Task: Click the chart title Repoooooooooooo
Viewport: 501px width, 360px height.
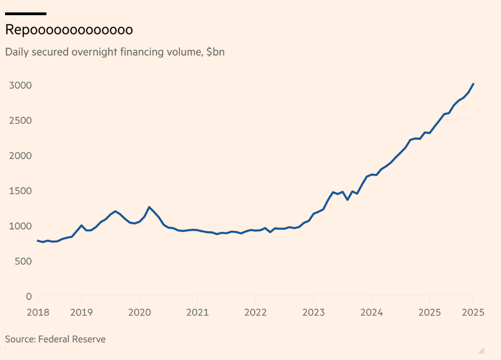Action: tap(69, 30)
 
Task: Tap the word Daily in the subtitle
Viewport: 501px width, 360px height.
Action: tap(16, 52)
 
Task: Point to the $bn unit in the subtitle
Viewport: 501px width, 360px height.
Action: tap(215, 52)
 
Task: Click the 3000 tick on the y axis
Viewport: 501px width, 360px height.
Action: tap(20, 85)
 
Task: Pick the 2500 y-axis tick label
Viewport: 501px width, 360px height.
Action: tap(20, 120)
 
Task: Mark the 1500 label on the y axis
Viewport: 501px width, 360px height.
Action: tap(20, 191)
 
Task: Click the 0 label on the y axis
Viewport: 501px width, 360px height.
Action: tap(28, 296)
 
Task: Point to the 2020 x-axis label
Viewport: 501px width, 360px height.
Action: tap(139, 313)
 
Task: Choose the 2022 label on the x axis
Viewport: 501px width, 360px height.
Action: tap(255, 313)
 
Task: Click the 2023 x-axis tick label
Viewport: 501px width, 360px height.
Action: tap(313, 313)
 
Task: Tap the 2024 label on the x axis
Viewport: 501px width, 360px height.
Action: tap(371, 313)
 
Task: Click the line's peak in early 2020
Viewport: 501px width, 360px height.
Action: tap(149, 207)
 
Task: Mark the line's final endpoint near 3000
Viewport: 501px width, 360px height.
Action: tap(473, 84)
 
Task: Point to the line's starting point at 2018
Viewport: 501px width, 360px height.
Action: tap(38, 240)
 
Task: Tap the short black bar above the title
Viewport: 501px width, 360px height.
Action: tap(26, 14)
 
